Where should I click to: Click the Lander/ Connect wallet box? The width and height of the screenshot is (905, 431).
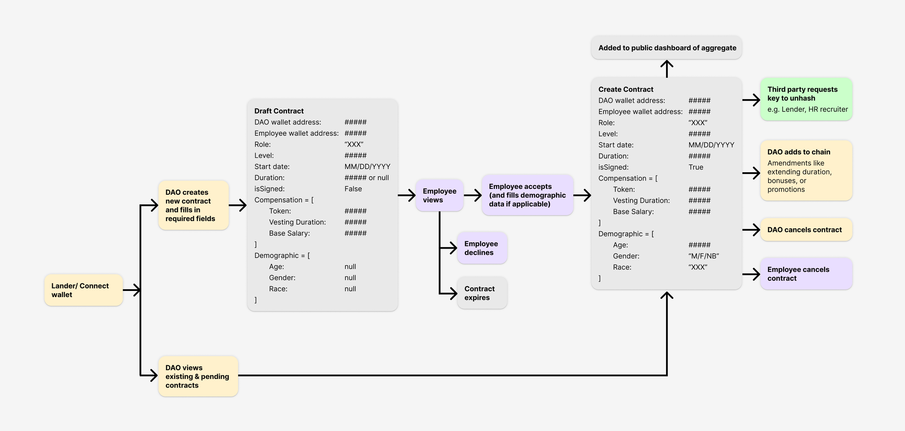point(83,290)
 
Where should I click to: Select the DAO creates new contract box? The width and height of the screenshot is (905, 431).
point(193,205)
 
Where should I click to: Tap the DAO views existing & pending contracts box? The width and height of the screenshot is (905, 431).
point(198,376)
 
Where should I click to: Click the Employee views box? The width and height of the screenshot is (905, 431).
point(439,195)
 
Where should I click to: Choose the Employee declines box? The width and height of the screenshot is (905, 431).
point(481,248)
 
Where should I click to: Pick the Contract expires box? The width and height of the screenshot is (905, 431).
point(481,293)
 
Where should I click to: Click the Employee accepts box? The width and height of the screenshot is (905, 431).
point(527,195)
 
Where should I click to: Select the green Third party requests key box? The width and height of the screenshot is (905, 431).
point(806,99)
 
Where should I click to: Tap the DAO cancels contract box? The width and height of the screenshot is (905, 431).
point(806,229)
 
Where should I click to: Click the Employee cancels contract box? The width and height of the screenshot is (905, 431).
point(806,274)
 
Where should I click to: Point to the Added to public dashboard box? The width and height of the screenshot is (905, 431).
point(666,48)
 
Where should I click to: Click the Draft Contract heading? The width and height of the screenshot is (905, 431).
point(279,111)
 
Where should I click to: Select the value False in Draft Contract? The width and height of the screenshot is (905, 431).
point(353,189)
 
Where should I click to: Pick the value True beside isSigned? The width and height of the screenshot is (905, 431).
point(695,167)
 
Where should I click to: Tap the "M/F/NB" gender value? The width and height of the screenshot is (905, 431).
point(703,256)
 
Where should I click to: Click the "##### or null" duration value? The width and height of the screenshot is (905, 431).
point(366,178)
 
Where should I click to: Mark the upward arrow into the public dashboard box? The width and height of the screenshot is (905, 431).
point(666,69)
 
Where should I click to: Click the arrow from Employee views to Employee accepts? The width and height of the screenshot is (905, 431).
point(472,195)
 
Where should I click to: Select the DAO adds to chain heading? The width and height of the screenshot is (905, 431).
point(799,152)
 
